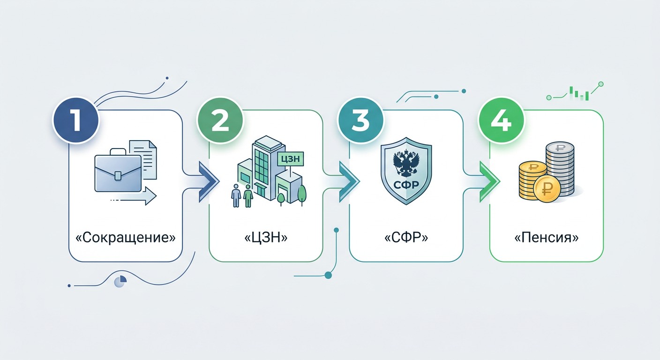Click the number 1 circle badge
[76, 120]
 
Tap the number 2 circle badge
[220, 120]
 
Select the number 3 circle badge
[360, 120]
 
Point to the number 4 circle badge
[501, 120]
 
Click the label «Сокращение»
[126, 238]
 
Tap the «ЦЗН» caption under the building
[266, 238]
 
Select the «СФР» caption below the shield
[406, 238]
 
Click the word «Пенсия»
[547, 238]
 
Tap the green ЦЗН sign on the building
[290, 159]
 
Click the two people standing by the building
[242, 195]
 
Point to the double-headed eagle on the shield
[406, 163]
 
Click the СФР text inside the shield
[406, 185]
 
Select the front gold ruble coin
[547, 189]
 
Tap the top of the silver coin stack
[560, 148]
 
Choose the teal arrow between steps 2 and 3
[349, 181]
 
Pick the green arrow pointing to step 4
[490, 181]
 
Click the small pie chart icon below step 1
[120, 281]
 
